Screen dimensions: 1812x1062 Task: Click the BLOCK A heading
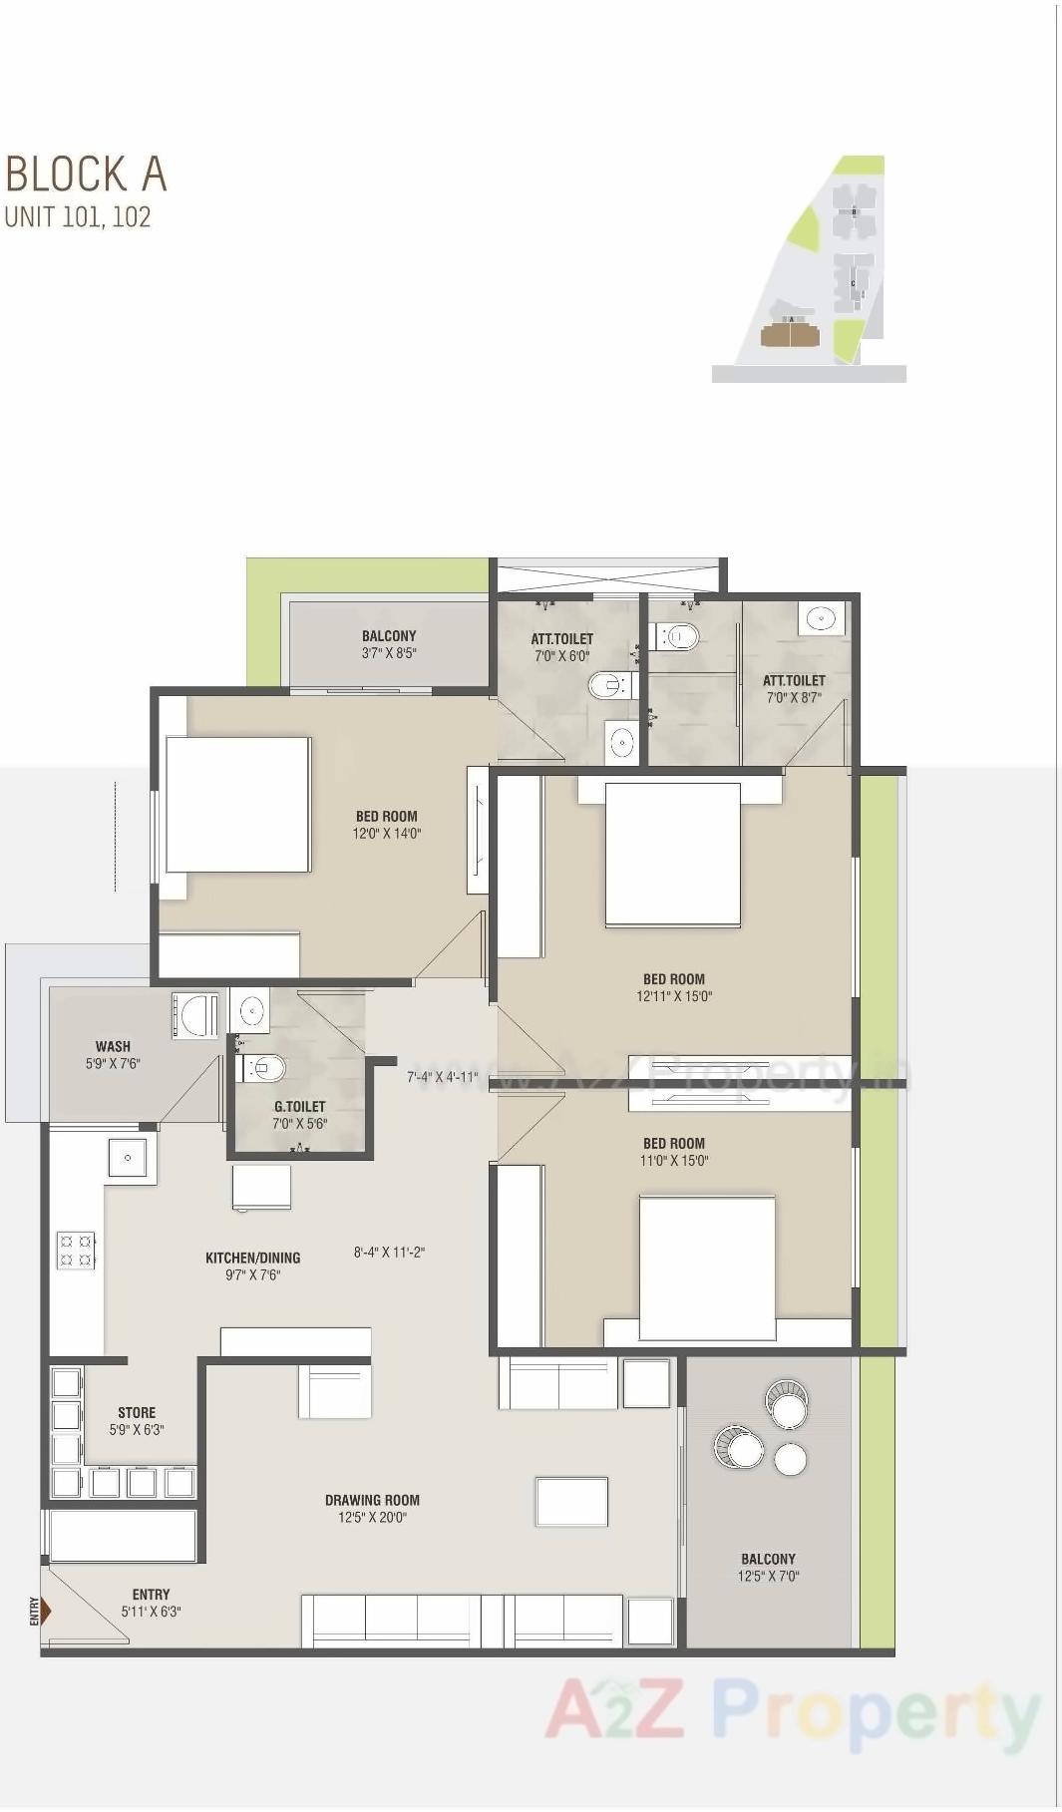coord(86,175)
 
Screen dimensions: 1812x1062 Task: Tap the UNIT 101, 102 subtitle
coord(78,217)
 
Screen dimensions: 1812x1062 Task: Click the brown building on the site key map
coord(787,334)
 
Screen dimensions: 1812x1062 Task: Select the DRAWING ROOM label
coord(372,1500)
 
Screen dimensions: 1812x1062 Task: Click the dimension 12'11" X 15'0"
coord(674,996)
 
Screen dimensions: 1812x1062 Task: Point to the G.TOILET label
coord(299,1106)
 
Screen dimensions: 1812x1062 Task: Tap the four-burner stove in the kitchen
coord(76,1250)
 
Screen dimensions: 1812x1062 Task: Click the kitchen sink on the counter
coord(129,1158)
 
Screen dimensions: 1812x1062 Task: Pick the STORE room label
coord(137,1412)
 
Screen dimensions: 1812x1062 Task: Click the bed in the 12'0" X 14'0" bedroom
coord(237,805)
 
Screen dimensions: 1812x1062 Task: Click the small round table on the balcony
coord(790,1459)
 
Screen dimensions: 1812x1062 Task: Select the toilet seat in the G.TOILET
coord(265,1069)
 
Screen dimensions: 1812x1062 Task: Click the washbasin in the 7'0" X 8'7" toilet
coord(820,617)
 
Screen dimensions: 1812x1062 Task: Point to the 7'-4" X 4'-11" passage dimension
coord(442,1077)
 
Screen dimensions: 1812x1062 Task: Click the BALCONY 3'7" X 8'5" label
coord(389,644)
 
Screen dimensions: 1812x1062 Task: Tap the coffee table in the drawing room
coord(571,1502)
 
